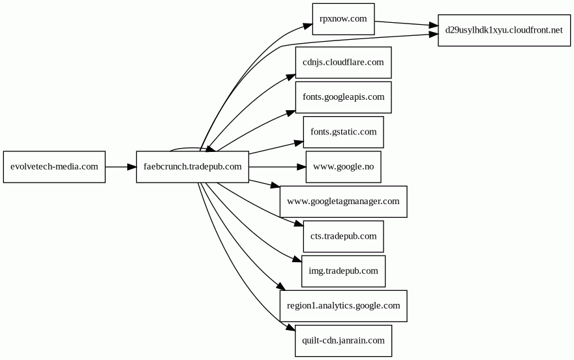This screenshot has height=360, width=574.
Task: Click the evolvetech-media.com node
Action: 54,167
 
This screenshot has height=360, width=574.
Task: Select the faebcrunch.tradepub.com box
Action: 192,167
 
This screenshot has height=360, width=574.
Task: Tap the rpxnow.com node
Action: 343,19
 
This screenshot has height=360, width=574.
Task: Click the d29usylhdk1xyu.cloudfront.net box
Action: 504,30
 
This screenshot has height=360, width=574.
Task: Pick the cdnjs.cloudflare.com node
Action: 343,63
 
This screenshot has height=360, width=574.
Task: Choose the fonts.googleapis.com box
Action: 343,97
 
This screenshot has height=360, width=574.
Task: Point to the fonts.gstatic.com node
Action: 343,132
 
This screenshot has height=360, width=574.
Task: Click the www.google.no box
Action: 343,167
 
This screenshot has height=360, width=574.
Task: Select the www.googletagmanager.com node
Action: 343,202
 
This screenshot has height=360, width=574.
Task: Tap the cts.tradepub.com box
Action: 343,236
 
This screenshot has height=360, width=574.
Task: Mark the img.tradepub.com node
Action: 343,271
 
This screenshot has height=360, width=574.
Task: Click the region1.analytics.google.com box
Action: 343,305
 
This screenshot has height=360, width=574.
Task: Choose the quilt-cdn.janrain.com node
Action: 343,340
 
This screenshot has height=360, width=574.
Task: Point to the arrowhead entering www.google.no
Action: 301,167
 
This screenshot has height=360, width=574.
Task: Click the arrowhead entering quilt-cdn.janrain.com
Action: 291,330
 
